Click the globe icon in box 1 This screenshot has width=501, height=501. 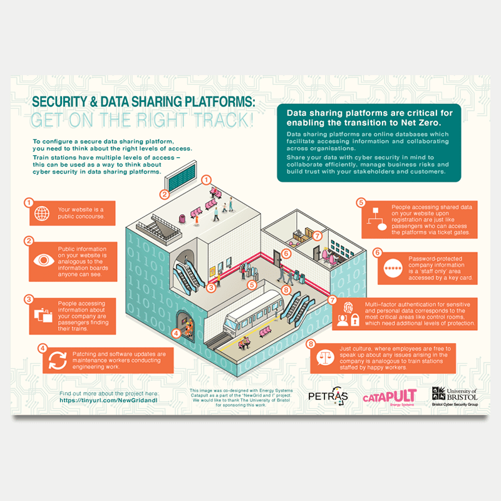pyautogui.click(x=42, y=213)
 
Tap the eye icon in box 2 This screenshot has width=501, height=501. pyautogui.click(x=42, y=260)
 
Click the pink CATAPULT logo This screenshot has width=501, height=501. pyautogui.click(x=390, y=396)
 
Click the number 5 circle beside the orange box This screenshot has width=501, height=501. pyautogui.click(x=361, y=203)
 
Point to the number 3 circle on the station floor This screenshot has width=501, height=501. pyautogui.click(x=212, y=288)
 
